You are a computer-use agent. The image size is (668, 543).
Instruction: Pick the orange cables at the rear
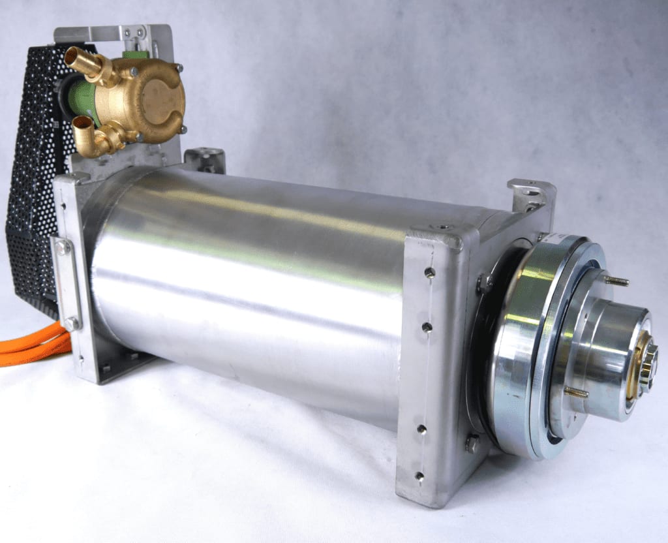[x=33, y=349]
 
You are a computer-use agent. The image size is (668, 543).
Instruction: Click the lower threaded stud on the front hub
[x=574, y=392]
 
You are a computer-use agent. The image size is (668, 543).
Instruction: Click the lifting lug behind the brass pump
[x=205, y=160]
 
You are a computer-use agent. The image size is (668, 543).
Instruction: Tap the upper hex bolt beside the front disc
[x=485, y=283]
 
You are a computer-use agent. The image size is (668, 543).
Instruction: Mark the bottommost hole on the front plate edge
[x=419, y=476]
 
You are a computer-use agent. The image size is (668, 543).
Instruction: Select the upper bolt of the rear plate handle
[x=63, y=247]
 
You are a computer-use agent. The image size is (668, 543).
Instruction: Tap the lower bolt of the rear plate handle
[x=70, y=324]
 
